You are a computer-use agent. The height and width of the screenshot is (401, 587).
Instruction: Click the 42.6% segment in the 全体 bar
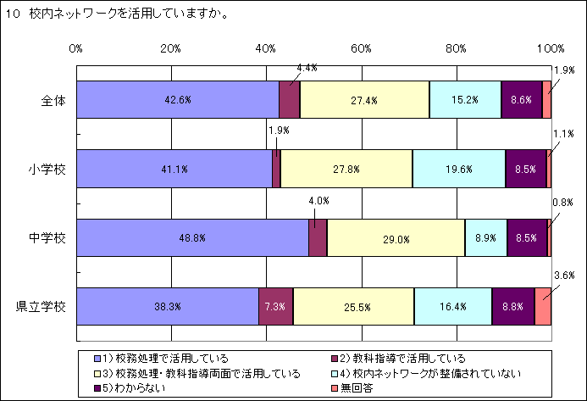(x=178, y=99)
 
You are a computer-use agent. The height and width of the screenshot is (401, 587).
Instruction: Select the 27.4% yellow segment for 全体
(x=364, y=99)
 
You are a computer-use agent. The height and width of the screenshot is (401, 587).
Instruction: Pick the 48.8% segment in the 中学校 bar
(x=192, y=237)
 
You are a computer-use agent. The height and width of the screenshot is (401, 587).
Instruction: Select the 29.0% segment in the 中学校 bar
(x=396, y=237)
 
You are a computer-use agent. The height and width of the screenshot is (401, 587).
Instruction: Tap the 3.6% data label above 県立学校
(x=564, y=275)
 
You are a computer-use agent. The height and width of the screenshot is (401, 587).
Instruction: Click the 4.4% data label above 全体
(x=306, y=67)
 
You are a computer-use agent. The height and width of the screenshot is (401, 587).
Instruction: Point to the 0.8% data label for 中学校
(x=564, y=203)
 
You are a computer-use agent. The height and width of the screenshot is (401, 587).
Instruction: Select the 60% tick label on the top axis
(x=361, y=47)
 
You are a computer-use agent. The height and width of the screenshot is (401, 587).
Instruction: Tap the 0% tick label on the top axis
(x=76, y=47)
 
